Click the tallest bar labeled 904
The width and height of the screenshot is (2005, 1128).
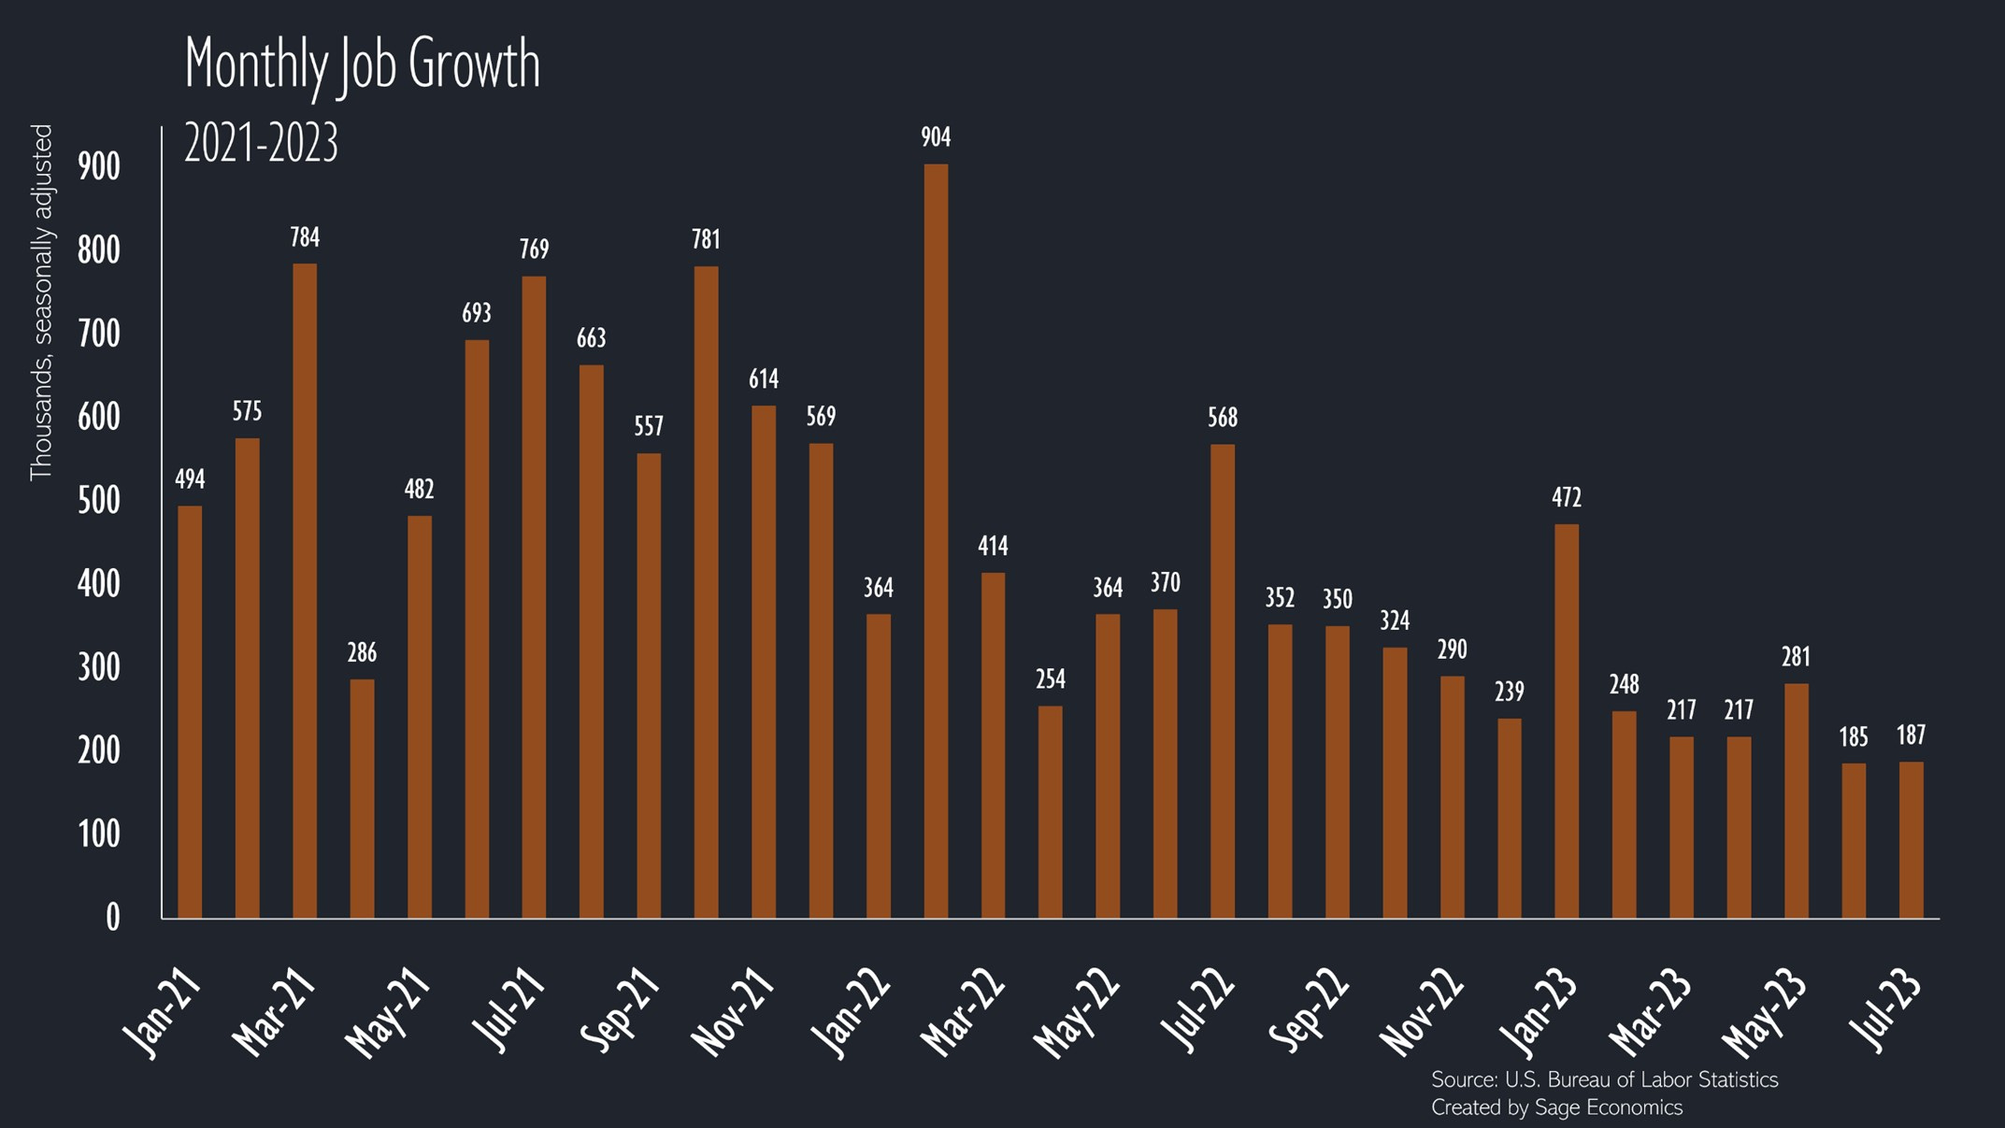click(936, 542)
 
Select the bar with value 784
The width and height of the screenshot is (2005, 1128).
click(305, 591)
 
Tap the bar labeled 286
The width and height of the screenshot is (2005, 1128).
click(362, 799)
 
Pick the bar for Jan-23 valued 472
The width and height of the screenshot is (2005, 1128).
click(1567, 721)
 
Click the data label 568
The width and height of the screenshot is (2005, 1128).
click(1223, 418)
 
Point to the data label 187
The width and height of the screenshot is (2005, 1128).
click(1912, 735)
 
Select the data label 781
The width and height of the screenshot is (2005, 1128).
click(706, 240)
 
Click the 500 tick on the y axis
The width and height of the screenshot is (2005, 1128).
click(99, 501)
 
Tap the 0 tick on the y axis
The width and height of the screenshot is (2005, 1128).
click(112, 918)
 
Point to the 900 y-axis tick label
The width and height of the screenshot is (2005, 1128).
click(99, 167)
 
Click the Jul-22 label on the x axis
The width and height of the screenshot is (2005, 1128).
click(1198, 1009)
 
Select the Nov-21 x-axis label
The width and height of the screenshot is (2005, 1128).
click(734, 1012)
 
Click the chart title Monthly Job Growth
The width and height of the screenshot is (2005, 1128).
click(363, 64)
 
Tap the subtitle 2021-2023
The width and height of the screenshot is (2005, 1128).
click(261, 145)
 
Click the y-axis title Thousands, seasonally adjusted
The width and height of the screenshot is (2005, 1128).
click(41, 303)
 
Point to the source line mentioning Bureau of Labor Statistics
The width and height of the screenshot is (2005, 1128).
click(1604, 1080)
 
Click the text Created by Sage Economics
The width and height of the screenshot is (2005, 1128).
click(1556, 1108)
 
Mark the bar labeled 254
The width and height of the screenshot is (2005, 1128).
click(1051, 812)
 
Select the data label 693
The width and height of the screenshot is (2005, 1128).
click(477, 313)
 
